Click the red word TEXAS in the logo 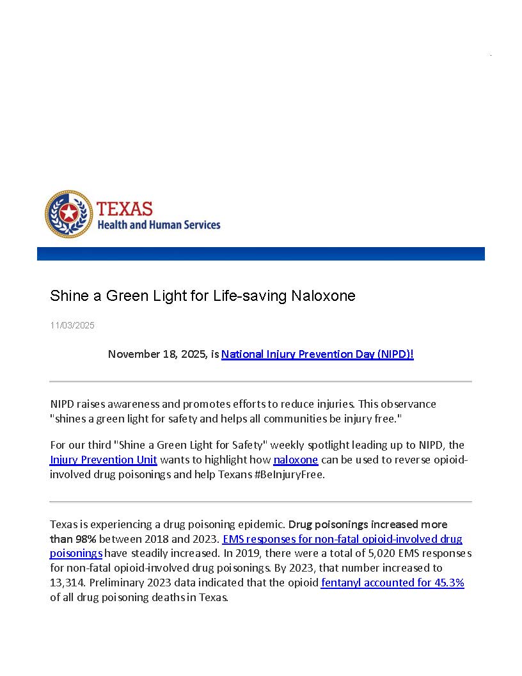pyautogui.click(x=125, y=209)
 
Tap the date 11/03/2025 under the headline pyautogui.click(x=72, y=325)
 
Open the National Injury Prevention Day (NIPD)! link pyautogui.click(x=317, y=354)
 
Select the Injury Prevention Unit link pyautogui.click(x=103, y=460)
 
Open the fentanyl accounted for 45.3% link pyautogui.click(x=392, y=583)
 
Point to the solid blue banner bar pyautogui.click(x=260, y=253)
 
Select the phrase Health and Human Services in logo pyautogui.click(x=159, y=225)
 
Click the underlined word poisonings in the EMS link pyautogui.click(x=76, y=553)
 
